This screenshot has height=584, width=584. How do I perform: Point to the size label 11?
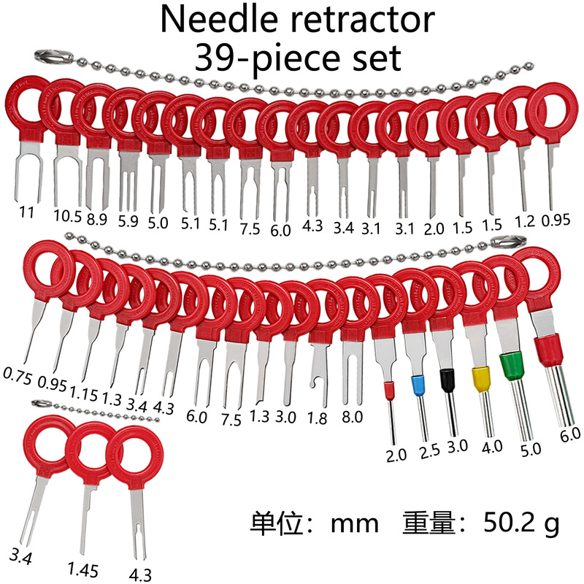(26, 212)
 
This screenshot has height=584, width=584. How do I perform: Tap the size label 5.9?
(129, 220)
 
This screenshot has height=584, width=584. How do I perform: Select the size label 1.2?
(526, 220)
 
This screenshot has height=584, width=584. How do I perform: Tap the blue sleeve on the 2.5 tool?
(418, 385)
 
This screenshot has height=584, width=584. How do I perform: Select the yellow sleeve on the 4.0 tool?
(480, 379)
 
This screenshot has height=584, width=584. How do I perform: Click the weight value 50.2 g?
(520, 523)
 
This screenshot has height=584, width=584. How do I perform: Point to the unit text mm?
(354, 523)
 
